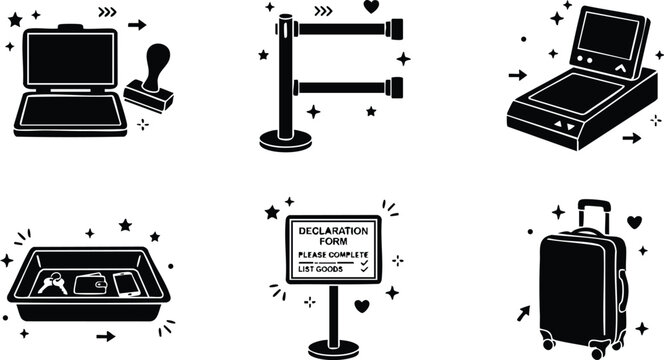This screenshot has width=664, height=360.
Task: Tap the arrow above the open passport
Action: pos(137,24)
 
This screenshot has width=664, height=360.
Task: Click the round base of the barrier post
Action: pos(285,140)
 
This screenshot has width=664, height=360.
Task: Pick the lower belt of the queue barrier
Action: pos(345,87)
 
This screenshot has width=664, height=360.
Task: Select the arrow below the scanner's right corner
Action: pos(631,138)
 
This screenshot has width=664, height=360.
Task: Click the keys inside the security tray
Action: pos(53,284)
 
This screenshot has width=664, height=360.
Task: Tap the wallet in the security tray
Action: pos(92,285)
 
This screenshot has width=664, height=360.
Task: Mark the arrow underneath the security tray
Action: pos(105,336)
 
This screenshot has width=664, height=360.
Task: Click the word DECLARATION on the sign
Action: pos(333,228)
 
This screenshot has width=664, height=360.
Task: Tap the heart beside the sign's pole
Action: pos(363,306)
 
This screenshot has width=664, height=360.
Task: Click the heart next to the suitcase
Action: pos(633,221)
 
